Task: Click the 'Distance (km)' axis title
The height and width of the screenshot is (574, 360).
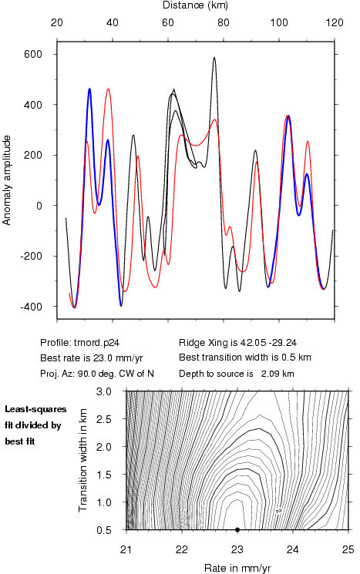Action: (195, 5)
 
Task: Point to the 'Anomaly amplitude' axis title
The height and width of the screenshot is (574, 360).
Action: (7, 180)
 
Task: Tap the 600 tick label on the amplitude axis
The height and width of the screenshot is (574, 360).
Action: (33, 54)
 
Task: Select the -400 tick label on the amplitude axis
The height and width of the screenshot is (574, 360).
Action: (31, 307)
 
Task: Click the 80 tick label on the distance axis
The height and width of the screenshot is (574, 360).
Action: (224, 22)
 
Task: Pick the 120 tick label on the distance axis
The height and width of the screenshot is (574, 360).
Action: (335, 22)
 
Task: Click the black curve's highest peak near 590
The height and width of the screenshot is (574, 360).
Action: (214, 58)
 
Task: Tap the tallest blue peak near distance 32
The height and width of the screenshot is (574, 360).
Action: (89, 89)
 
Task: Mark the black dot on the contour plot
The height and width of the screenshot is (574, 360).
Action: (237, 530)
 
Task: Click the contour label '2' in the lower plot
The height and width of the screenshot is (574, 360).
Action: (279, 511)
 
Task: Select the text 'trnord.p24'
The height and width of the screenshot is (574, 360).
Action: (96, 343)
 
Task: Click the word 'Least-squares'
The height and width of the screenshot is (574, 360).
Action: (35, 410)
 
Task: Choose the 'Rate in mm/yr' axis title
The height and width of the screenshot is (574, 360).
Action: (237, 568)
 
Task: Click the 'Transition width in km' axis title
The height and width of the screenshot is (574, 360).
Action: (82, 460)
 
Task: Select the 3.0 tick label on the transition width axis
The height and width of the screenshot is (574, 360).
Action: (103, 391)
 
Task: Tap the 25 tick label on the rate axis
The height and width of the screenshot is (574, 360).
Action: (348, 550)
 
